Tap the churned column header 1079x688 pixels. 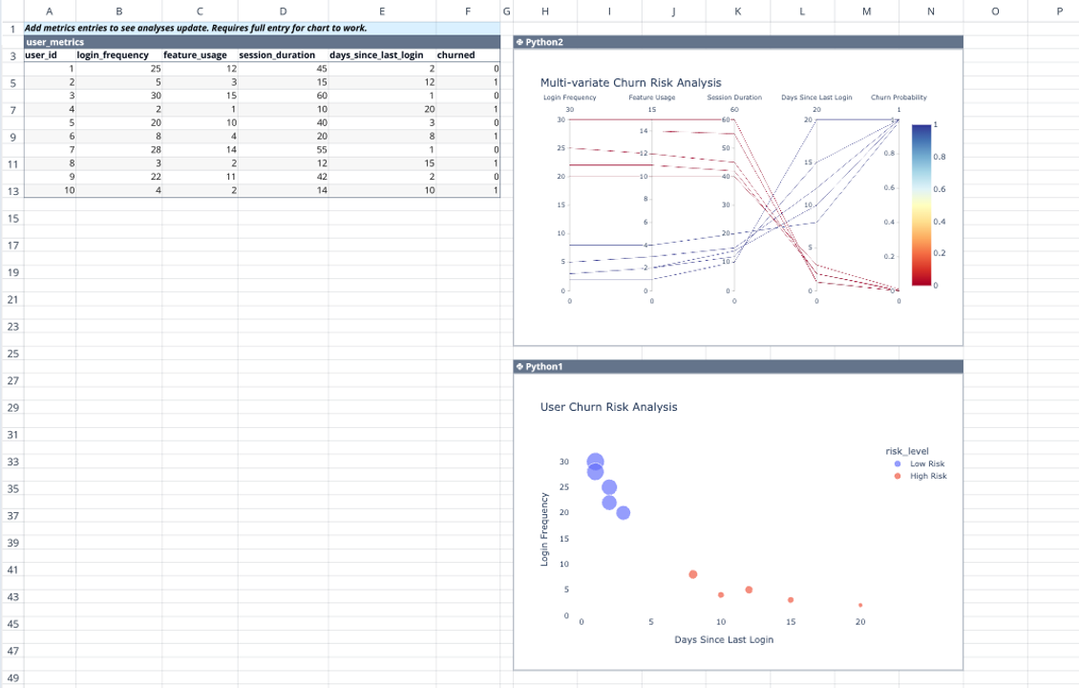click(x=455, y=55)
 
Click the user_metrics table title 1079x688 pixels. click(x=54, y=42)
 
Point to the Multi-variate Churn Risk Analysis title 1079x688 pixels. click(x=630, y=83)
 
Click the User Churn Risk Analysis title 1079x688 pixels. click(x=608, y=407)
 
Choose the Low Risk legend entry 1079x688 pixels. click(x=926, y=463)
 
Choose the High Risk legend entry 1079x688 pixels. click(x=927, y=476)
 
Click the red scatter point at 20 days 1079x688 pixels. click(x=860, y=605)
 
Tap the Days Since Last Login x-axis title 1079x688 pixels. click(x=723, y=639)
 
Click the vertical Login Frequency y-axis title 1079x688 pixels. click(x=545, y=528)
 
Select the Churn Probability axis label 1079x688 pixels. click(x=898, y=97)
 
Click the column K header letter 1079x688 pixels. click(x=738, y=11)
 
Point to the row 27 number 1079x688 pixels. click(x=13, y=381)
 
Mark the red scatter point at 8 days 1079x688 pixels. click(x=692, y=574)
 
